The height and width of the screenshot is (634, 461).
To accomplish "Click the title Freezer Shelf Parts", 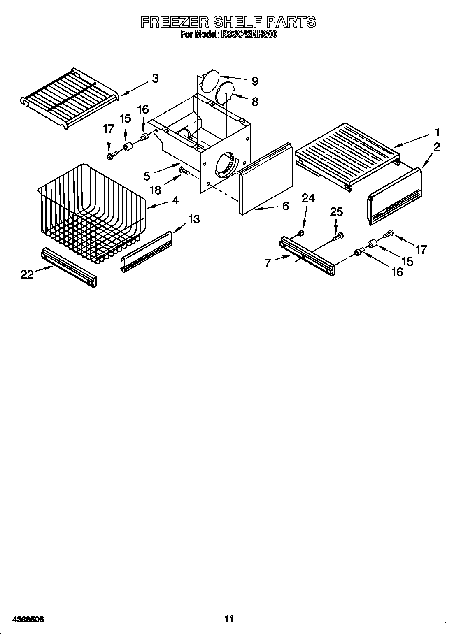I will click(228, 22).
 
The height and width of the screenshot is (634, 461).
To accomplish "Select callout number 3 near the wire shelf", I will click(155, 79).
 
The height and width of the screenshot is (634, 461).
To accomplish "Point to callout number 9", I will click(255, 81).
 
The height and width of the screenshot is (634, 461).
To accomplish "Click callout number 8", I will click(255, 102).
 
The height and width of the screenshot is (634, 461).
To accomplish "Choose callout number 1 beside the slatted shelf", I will click(437, 132).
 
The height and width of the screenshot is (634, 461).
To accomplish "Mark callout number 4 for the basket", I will click(175, 201).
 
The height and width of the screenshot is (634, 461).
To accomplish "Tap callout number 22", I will click(27, 274).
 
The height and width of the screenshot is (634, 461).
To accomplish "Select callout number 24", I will click(308, 198).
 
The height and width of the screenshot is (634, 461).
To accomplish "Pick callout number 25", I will click(336, 211).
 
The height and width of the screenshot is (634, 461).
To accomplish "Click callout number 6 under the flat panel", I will click(285, 206).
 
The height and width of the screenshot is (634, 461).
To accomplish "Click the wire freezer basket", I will click(91, 214).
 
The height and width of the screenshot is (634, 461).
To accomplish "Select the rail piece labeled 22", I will click(69, 267).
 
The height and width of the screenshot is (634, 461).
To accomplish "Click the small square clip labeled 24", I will click(301, 234).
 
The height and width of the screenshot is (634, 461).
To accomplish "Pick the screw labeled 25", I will click(339, 236).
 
